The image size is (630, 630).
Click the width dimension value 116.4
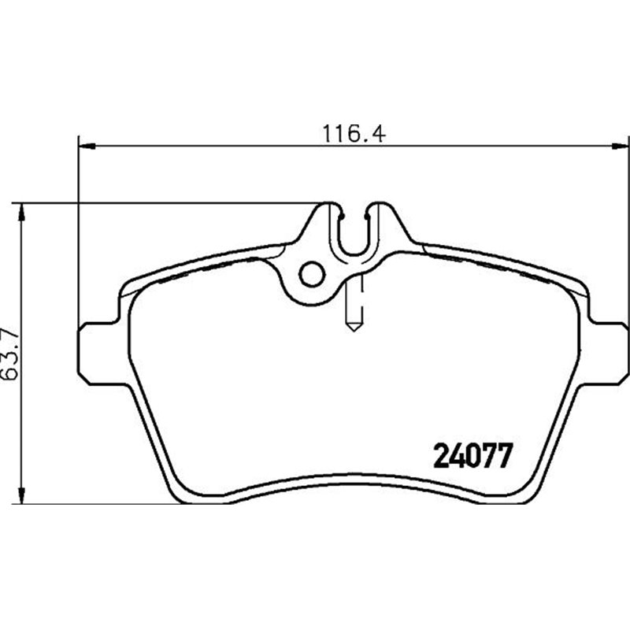[x=351, y=133]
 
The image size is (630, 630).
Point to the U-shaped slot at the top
[x=355, y=232]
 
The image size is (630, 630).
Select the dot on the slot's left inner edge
[x=342, y=211]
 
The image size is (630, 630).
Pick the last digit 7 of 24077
[x=505, y=454]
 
